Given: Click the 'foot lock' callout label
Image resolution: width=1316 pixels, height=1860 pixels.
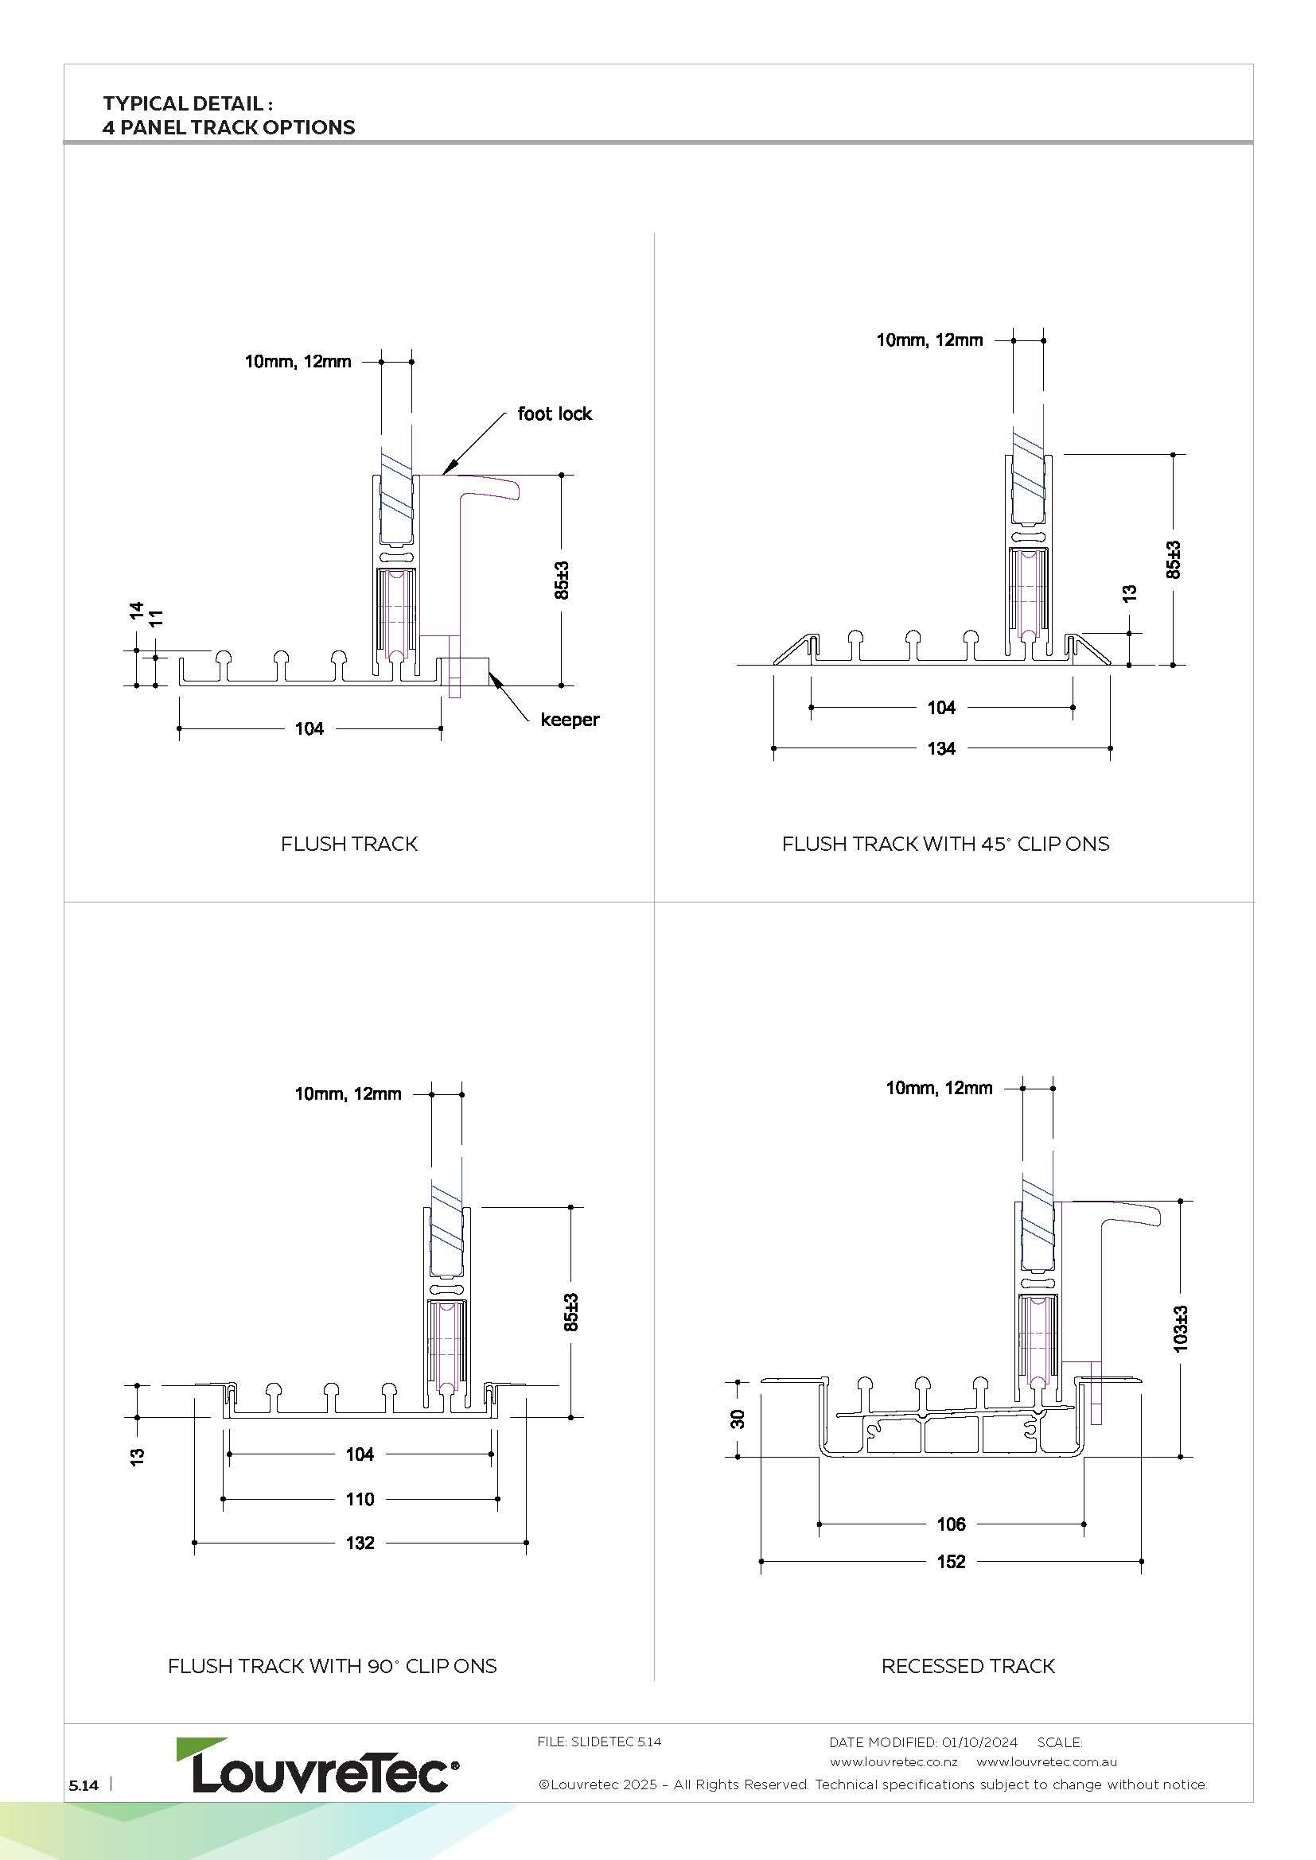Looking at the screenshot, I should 555,414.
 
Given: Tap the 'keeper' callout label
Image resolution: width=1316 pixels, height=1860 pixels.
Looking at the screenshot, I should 570,720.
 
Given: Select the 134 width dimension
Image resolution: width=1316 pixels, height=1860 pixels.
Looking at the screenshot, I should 940,748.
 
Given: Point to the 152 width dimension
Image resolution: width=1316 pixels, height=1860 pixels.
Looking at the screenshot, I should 951,1561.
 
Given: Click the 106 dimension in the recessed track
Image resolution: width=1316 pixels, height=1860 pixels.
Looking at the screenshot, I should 951,1524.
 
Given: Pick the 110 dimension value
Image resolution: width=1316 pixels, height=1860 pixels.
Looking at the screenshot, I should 360,1499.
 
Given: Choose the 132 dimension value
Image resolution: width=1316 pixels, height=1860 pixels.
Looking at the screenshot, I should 360,1543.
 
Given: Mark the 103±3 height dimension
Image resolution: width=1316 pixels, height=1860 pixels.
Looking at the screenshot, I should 1181,1328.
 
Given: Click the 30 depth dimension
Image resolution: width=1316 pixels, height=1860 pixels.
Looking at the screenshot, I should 738,1419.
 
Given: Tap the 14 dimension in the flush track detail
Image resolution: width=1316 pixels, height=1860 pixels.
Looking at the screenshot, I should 136,611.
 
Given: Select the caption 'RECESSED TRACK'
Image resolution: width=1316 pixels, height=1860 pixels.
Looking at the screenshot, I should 968,1666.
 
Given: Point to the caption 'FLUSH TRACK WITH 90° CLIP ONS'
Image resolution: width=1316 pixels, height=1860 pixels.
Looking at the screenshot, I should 333,1666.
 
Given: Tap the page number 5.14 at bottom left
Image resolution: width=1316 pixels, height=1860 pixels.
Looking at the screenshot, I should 84,1785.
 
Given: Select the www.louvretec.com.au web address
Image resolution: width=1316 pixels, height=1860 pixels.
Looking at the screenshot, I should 1046,1761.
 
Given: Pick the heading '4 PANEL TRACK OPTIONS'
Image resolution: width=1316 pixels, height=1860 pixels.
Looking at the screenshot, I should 228,127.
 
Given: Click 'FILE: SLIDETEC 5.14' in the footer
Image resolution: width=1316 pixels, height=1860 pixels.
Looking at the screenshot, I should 599,1742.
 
